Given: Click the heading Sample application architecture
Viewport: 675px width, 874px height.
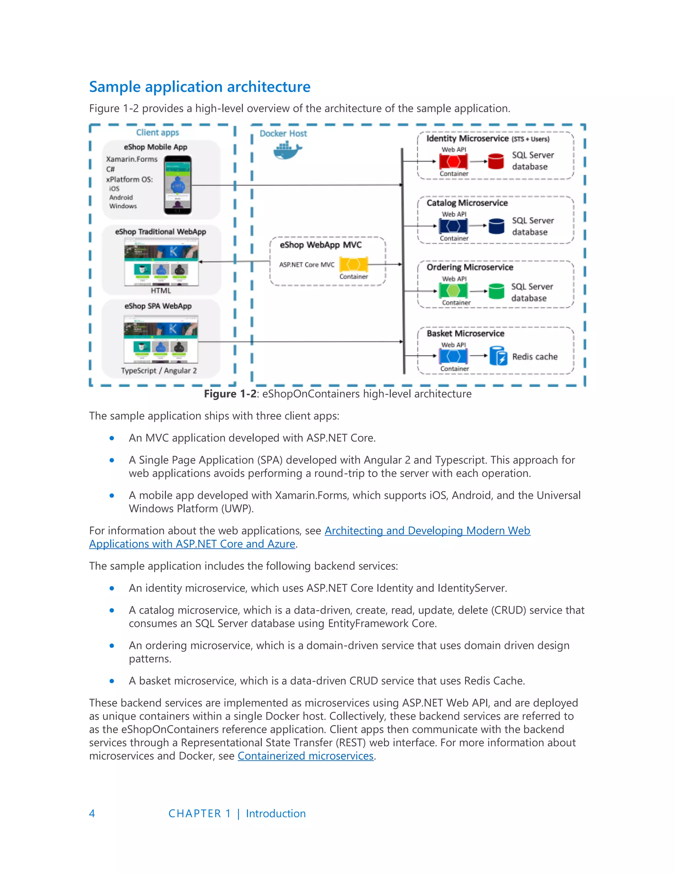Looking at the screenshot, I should pos(199,87).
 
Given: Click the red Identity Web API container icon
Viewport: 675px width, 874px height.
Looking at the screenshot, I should pos(453,162).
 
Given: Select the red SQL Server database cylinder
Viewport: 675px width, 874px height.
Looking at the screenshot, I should pos(496,161).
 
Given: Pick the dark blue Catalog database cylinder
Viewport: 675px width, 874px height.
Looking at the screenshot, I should pos(496,226).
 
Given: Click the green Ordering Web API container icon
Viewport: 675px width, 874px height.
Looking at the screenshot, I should pos(453,291).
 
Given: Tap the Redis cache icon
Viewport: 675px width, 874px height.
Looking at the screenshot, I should pos(498,356).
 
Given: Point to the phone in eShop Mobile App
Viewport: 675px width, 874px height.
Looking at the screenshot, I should pos(178,185).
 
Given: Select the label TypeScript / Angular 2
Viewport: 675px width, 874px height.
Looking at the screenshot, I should pos(159,371).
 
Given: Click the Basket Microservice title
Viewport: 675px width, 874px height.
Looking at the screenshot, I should pos(465,333).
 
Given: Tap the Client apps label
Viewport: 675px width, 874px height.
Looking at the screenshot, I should pos(157,133).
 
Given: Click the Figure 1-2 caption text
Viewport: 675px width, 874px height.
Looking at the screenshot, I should pos(337,394).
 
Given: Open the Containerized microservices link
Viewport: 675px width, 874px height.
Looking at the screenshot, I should pos(306,756).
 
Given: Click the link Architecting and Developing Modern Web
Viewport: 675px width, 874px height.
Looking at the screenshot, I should pos(427,530).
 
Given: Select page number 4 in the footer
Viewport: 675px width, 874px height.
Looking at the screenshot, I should pos(92,813).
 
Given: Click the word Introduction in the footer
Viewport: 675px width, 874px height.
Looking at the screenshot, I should pos(276,813).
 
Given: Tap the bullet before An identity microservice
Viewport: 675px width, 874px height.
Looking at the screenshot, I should pos(112,588).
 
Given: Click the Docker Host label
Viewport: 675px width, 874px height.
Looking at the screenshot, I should pos(283,133).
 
